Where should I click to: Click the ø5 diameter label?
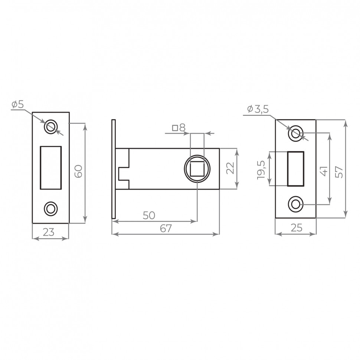tap(18, 105)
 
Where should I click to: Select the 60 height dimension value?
tap(79, 171)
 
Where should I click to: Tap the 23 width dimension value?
tap(49, 232)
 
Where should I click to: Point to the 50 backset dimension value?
tap(149, 215)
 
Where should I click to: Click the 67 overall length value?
tap(166, 229)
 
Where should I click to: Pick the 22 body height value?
tap(230, 168)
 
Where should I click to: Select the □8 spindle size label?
tap(179, 128)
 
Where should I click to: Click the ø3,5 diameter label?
tap(258, 109)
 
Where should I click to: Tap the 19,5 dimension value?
tap(261, 170)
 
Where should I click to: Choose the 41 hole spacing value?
tap(324, 171)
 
